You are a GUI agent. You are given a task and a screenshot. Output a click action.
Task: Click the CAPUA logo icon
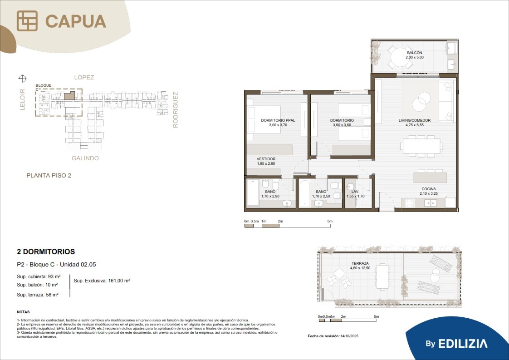pyautogui.click(x=27, y=21)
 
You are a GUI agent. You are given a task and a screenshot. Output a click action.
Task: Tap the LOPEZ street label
pyautogui.click(x=84, y=77)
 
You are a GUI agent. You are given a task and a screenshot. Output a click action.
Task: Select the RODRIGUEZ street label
pyautogui.click(x=175, y=110)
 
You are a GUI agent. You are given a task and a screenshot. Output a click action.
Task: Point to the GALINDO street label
pyautogui.click(x=85, y=158)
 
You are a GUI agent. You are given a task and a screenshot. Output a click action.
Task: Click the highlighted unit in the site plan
pyautogui.click(x=69, y=95)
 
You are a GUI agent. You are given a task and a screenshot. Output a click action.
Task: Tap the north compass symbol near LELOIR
pyautogui.click(x=22, y=78)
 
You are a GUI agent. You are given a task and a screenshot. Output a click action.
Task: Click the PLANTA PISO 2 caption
pyautogui.click(x=49, y=175)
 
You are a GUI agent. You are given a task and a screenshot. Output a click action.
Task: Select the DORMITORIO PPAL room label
pyautogui.click(x=278, y=120)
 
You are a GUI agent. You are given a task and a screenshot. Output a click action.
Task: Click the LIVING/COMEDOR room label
pyautogui.click(x=415, y=120)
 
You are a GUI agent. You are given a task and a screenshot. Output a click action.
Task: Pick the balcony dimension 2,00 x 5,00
pyautogui.click(x=415, y=57)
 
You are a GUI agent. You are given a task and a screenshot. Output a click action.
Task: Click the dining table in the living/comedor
pyautogui.click(x=421, y=146)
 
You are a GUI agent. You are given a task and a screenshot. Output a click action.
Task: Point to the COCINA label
pyautogui.click(x=429, y=189)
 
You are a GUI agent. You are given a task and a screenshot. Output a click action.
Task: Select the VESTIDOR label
pyautogui.click(x=266, y=159)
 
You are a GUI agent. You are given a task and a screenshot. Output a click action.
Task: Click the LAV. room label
pyautogui.click(x=355, y=192)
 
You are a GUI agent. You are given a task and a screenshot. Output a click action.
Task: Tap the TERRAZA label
pyautogui.click(x=360, y=263)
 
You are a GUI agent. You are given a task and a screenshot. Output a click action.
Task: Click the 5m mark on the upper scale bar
pyautogui.click(x=330, y=221)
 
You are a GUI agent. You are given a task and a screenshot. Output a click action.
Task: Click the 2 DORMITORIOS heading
pyautogui.click(x=46, y=252)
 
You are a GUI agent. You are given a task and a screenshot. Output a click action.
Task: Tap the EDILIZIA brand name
pyautogui.click(x=463, y=344)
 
